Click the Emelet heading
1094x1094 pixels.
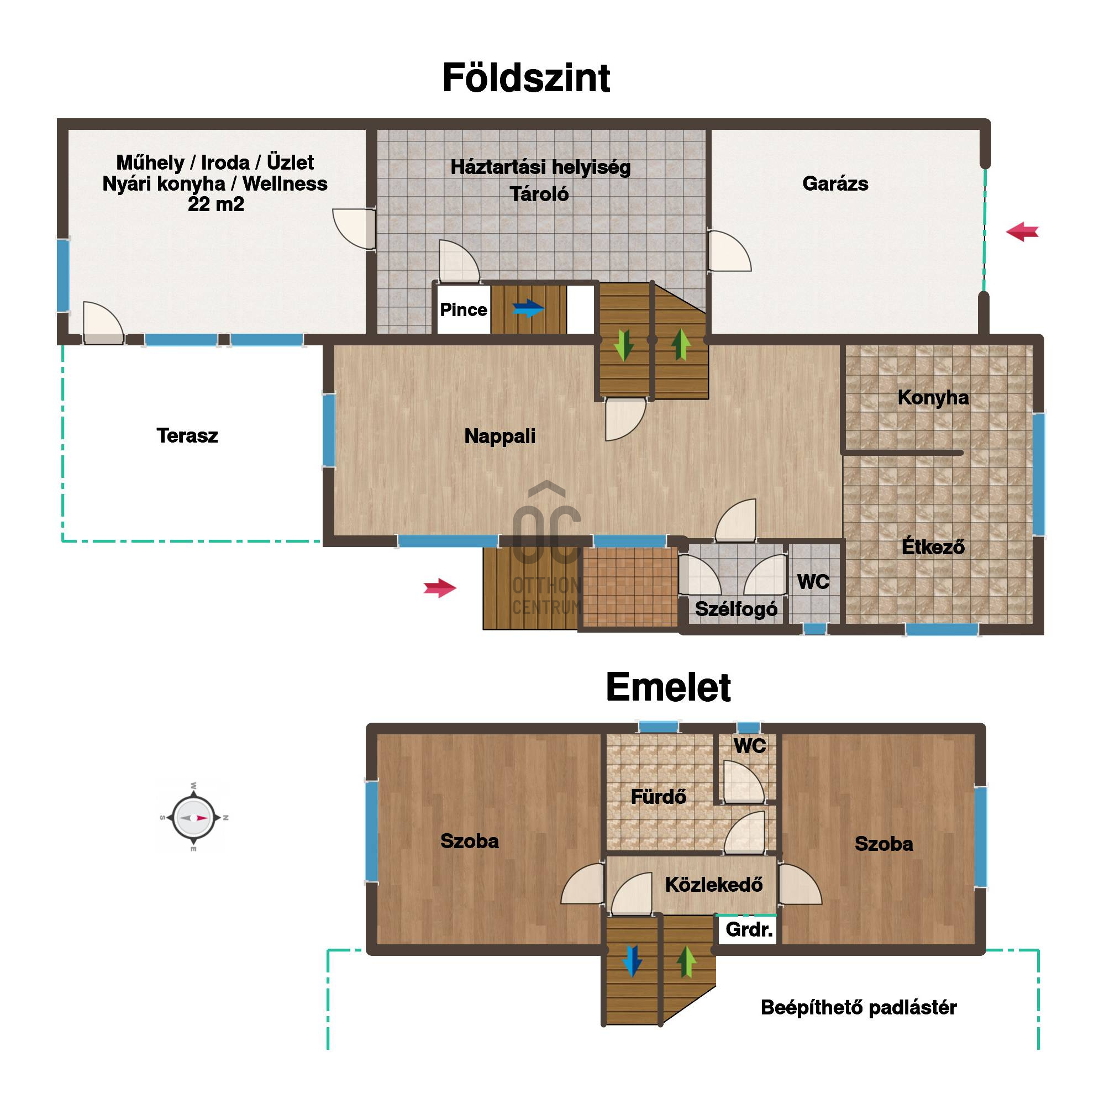point(668,687)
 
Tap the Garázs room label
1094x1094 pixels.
point(835,184)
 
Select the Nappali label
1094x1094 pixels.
point(500,436)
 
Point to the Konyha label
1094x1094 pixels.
point(933,397)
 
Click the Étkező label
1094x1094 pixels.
point(933,546)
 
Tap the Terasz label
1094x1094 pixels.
point(187,435)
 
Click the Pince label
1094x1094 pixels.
point(463,310)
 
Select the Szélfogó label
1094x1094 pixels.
point(736,609)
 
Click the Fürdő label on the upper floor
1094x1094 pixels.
point(659,797)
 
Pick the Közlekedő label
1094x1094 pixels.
point(713,885)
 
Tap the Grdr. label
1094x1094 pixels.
point(749,929)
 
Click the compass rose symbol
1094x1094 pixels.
point(193,818)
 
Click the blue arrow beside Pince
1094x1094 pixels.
point(528,309)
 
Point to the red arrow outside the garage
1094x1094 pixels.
point(1023,232)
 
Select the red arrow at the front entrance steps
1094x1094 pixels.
point(440,588)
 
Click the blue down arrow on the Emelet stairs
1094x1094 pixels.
point(632,961)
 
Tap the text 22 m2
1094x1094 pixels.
point(215,204)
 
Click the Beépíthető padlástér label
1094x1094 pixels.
point(859,1007)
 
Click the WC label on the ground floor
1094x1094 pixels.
point(813,582)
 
